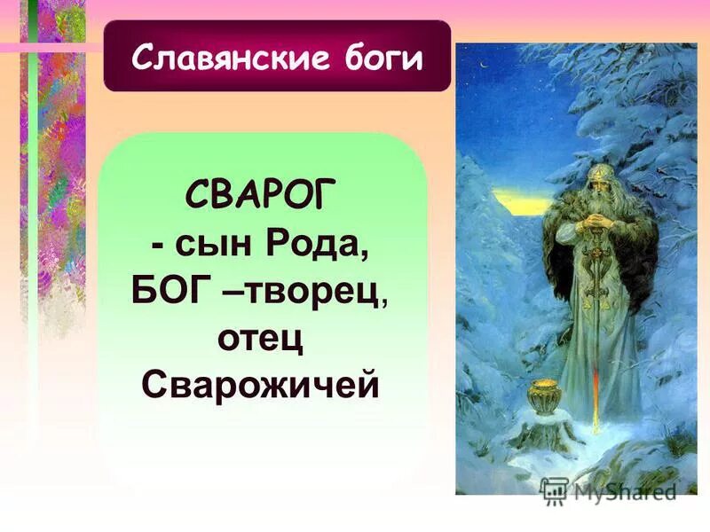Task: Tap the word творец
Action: point(321,291)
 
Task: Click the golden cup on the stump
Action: point(540,395)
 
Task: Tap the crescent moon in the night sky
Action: point(485,63)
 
